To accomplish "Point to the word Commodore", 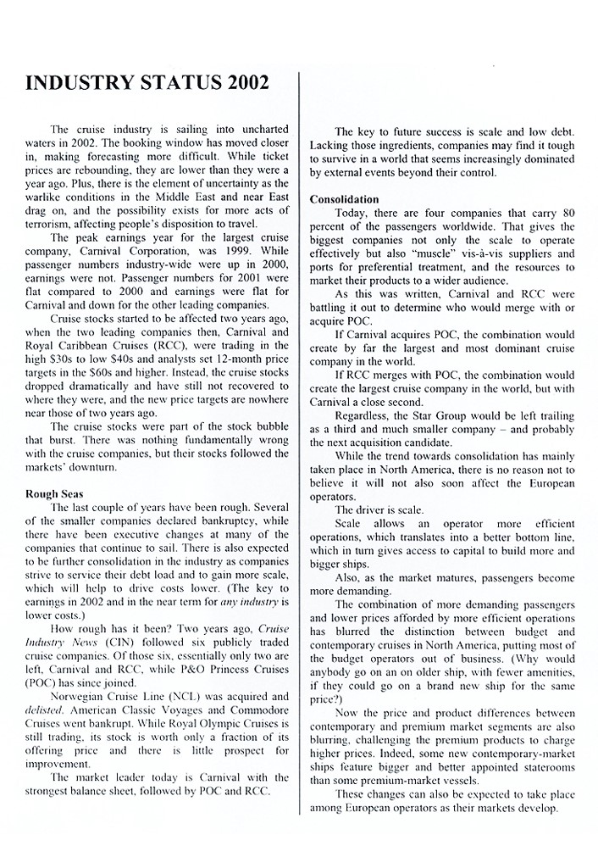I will point(256,710).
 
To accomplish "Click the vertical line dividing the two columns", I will point(299,458).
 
